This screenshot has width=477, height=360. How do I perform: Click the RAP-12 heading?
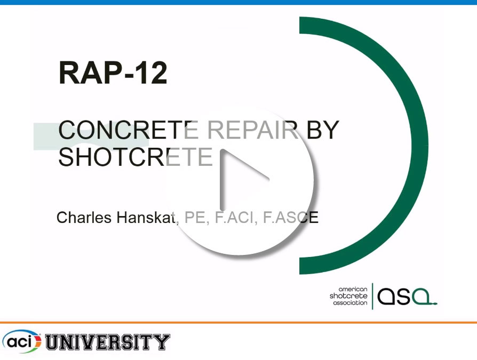click(x=113, y=73)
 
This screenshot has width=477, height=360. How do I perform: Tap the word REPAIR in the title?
click(x=252, y=130)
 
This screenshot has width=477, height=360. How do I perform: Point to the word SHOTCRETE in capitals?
click(x=136, y=157)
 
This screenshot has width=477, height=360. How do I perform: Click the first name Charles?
click(x=84, y=218)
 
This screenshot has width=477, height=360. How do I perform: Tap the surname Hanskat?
click(x=147, y=218)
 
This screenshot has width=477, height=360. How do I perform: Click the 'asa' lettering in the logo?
click(x=407, y=296)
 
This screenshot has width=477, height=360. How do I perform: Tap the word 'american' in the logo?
click(x=353, y=289)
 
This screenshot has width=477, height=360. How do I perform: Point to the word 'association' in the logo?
click(x=350, y=303)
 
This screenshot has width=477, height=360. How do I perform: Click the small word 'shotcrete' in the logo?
click(x=348, y=296)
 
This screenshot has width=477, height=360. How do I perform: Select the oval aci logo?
click(x=21, y=341)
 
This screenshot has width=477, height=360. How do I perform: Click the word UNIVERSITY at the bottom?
click(x=107, y=342)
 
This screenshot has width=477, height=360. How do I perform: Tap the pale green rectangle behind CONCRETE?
click(x=91, y=136)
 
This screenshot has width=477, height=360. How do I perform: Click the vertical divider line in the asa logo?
click(x=372, y=296)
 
